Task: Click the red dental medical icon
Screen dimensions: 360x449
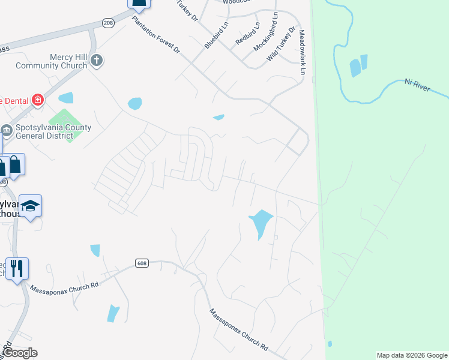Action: [38, 100]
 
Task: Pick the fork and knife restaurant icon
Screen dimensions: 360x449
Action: [17, 268]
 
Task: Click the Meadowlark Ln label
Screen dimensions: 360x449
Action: [301, 52]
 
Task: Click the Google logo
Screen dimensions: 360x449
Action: [20, 353]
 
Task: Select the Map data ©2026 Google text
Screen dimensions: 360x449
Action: [411, 355]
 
